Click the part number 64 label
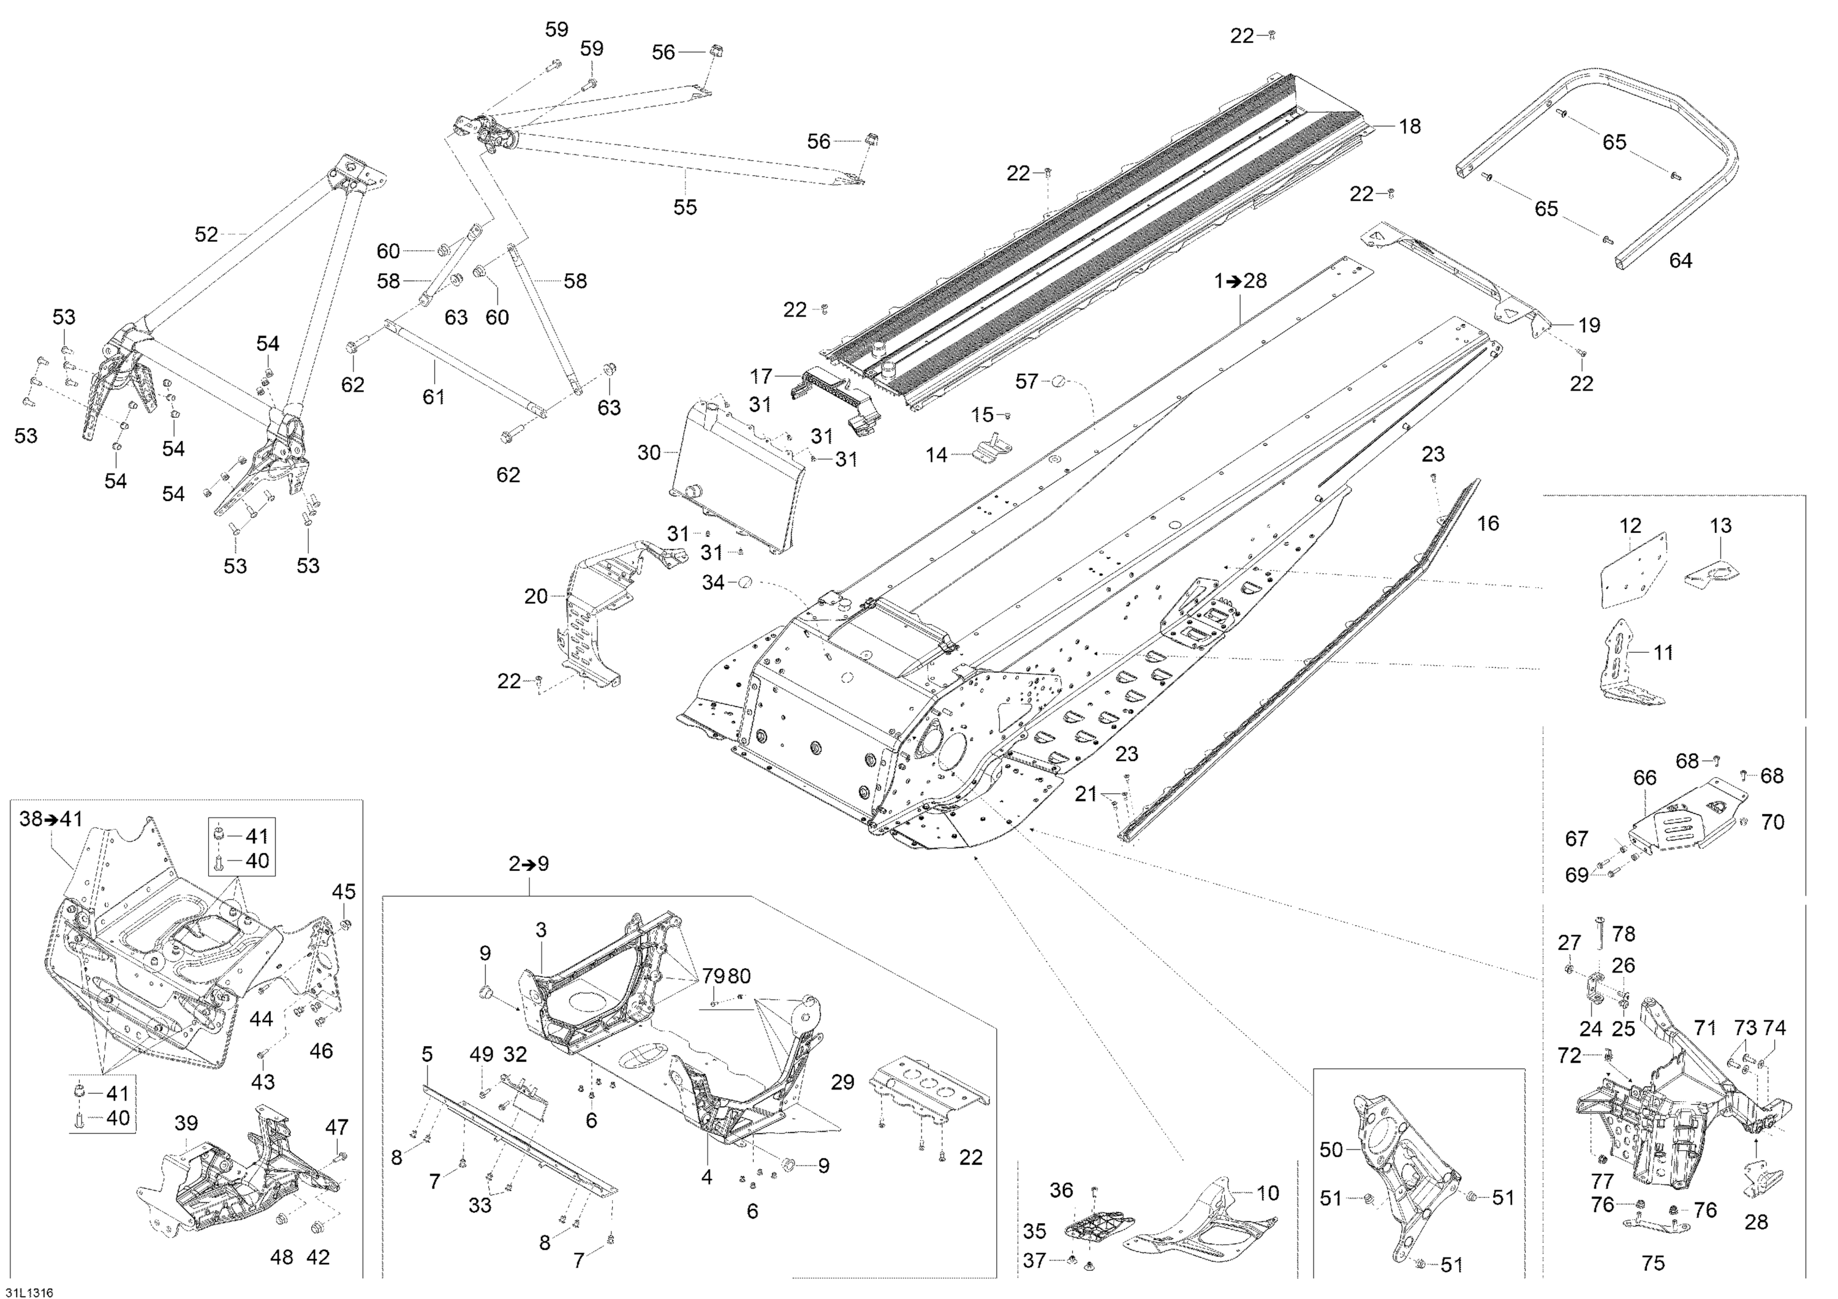coord(1681,260)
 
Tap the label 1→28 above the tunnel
coord(1240,281)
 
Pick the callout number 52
coord(206,234)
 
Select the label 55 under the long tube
coord(684,207)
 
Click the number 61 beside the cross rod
coord(433,396)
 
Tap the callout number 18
coord(1409,126)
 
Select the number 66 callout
coord(1645,777)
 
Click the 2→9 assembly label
coord(528,864)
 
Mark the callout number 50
coord(1331,1150)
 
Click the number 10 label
coord(1267,1193)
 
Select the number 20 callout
coord(535,597)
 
